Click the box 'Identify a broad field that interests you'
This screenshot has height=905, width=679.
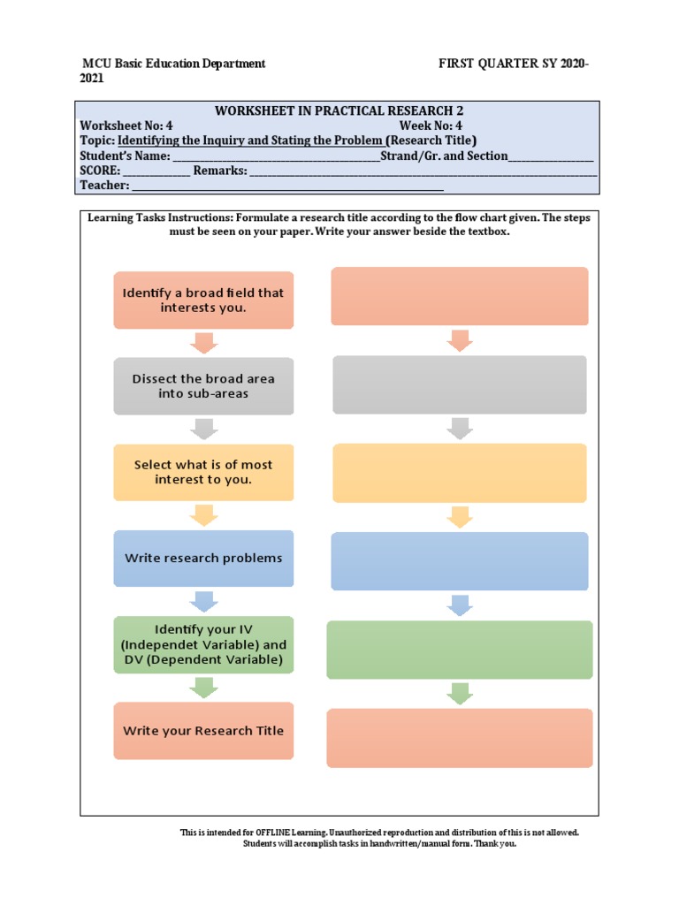(203, 300)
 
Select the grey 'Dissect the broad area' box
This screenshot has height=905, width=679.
(203, 386)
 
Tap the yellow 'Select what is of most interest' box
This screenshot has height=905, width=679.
(203, 472)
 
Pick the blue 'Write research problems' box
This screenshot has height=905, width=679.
(203, 558)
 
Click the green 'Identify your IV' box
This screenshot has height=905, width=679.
(203, 644)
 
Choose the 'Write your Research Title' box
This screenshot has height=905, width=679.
(203, 730)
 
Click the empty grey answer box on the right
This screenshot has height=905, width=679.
(459, 384)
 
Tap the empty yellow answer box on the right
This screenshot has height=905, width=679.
(459, 473)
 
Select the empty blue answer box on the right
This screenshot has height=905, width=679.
(459, 560)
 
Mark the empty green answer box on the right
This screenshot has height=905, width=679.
(459, 650)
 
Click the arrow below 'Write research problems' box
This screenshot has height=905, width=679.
(203, 601)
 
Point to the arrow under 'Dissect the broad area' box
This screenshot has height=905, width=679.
(203, 429)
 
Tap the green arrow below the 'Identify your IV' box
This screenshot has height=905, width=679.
(203, 687)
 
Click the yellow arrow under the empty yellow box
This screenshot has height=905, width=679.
(459, 517)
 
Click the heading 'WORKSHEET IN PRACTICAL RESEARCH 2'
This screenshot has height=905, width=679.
(339, 110)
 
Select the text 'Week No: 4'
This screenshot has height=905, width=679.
(431, 125)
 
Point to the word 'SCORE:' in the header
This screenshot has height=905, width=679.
(100, 171)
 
